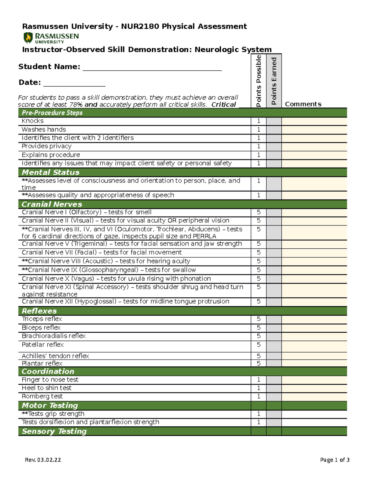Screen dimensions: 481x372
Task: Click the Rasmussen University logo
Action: (51, 38)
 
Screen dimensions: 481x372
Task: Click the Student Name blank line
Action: (152, 69)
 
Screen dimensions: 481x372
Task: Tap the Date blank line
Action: (74, 84)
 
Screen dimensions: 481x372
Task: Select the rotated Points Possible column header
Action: (259, 81)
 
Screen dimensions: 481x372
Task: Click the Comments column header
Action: (303, 104)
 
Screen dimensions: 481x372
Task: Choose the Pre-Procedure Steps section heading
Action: (52, 113)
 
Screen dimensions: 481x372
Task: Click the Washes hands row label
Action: (44, 129)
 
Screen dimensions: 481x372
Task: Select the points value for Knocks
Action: (259, 121)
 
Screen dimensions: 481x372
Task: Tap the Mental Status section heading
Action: (51, 172)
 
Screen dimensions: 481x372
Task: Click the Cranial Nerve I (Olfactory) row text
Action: (86, 212)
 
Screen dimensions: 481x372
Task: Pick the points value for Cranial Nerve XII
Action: (259, 302)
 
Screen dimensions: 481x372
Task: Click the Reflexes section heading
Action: (39, 311)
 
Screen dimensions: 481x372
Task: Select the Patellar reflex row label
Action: (43, 345)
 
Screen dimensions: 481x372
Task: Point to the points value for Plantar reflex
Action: (259, 363)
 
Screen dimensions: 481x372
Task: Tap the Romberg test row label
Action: (42, 396)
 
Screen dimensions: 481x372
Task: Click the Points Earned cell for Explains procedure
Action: (274, 155)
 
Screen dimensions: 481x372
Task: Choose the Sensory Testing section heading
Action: (54, 431)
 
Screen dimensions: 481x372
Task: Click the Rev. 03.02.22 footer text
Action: (43, 460)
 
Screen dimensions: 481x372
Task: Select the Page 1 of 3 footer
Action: (334, 460)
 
